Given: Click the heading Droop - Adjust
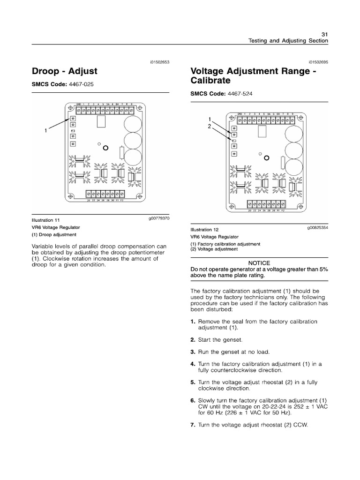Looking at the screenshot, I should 64,71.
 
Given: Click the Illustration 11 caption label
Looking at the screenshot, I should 46,219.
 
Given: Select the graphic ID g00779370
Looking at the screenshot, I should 158,218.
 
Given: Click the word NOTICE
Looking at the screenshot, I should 259,263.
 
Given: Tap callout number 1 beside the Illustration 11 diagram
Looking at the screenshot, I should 46,131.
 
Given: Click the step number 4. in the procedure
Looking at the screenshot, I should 193,364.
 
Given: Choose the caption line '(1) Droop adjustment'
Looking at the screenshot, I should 54,234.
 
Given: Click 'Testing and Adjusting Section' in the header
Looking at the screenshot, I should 288,41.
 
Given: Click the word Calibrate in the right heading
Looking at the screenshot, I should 210,80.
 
